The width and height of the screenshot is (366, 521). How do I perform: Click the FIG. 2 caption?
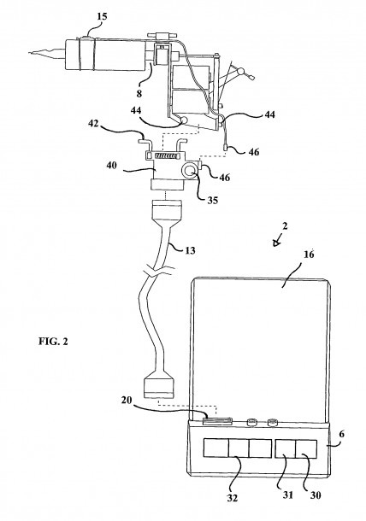[53, 342]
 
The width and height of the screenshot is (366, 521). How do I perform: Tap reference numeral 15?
[102, 16]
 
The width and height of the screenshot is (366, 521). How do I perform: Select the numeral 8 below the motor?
[139, 94]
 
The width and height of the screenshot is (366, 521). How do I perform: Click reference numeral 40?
[112, 165]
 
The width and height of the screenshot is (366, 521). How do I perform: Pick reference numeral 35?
[213, 200]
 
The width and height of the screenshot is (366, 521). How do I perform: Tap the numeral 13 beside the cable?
[190, 250]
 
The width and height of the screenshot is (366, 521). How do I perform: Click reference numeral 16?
[309, 255]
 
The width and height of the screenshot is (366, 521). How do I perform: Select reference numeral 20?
[127, 400]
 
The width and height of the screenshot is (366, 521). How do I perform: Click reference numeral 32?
[233, 498]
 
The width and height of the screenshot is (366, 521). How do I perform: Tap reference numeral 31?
[287, 495]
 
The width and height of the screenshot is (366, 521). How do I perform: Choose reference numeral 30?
[315, 495]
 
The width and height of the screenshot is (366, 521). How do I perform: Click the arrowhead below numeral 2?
[276, 243]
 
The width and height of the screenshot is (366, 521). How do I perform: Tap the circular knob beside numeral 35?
[188, 171]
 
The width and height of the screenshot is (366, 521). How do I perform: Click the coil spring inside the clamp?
[165, 155]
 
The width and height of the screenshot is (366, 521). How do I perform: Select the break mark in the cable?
[160, 271]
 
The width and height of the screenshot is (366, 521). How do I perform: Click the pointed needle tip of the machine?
[31, 53]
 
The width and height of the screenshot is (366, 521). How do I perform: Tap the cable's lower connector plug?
[158, 389]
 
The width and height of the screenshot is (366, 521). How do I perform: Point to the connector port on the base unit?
[218, 421]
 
